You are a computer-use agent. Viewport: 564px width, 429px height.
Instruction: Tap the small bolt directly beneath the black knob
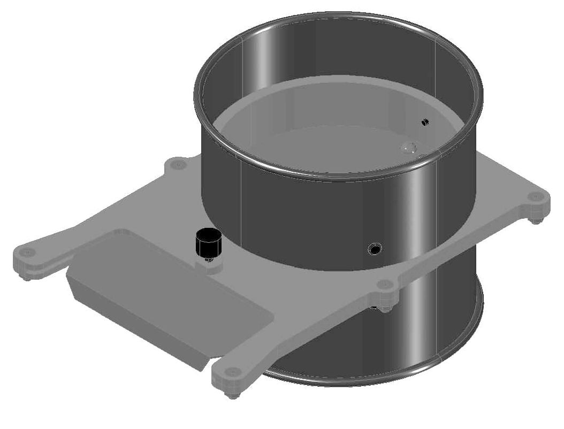(208, 259)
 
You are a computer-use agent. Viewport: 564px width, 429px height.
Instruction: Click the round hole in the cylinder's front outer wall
(374, 249)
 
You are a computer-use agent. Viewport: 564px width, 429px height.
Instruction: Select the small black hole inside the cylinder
(425, 122)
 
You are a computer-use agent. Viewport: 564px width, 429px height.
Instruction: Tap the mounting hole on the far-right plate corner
(535, 197)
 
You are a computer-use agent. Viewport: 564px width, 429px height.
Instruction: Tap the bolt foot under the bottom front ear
(231, 395)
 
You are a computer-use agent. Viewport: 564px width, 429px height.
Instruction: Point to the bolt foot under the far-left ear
(26, 276)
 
